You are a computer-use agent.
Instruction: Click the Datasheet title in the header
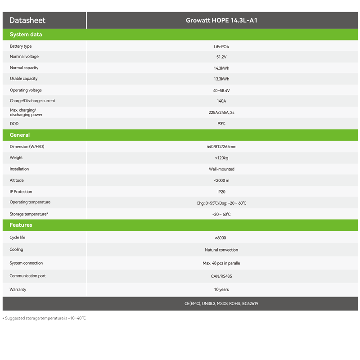pos(27,20)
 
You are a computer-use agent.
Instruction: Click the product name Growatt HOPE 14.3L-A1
pos(221,20)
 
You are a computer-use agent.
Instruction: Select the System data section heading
pos(26,35)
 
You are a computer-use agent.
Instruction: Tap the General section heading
pos(20,135)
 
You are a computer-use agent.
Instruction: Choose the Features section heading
pos(21,225)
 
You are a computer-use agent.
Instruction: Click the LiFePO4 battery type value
pos(221,46)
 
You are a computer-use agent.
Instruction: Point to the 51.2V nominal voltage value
pos(221,57)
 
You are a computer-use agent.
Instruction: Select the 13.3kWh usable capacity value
pos(221,79)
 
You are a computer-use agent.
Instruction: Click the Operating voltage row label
pos(26,90)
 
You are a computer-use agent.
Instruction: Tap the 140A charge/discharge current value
pos(221,101)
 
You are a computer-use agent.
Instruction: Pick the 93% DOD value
pos(221,124)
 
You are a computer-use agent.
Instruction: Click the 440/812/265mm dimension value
pos(221,147)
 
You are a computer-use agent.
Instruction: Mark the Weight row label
pos(16,157)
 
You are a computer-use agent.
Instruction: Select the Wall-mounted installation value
pos(221,169)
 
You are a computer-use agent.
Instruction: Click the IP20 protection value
pos(221,192)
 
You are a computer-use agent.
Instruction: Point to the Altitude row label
pos(17,180)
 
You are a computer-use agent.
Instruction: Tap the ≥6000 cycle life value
pos(221,238)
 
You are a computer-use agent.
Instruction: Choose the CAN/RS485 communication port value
pos(221,276)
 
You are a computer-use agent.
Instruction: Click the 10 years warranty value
pos(221,290)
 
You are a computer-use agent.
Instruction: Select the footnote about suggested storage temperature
pos(45,318)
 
